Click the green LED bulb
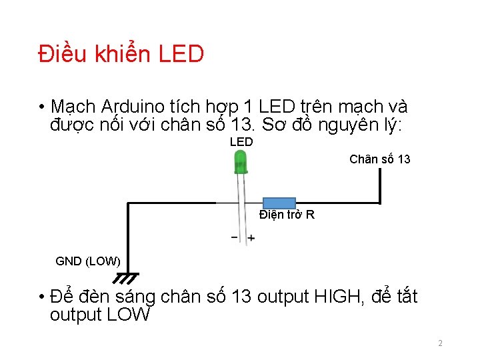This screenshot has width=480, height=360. tap(240, 161)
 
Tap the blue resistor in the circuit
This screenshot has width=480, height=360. tap(279, 203)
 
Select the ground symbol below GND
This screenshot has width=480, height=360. tap(127, 277)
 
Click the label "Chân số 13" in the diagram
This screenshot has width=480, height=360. tap(380, 159)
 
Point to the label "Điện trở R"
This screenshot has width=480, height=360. tap(287, 215)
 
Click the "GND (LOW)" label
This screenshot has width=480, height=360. tap(88, 261)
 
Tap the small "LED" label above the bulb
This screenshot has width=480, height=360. tap(241, 142)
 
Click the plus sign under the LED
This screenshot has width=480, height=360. tap(251, 238)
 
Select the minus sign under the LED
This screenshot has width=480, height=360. tap(235, 237)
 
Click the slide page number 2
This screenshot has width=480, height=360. tap(440, 343)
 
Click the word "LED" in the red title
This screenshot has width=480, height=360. tap(181, 54)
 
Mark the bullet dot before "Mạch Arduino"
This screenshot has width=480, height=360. tap(41, 107)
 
